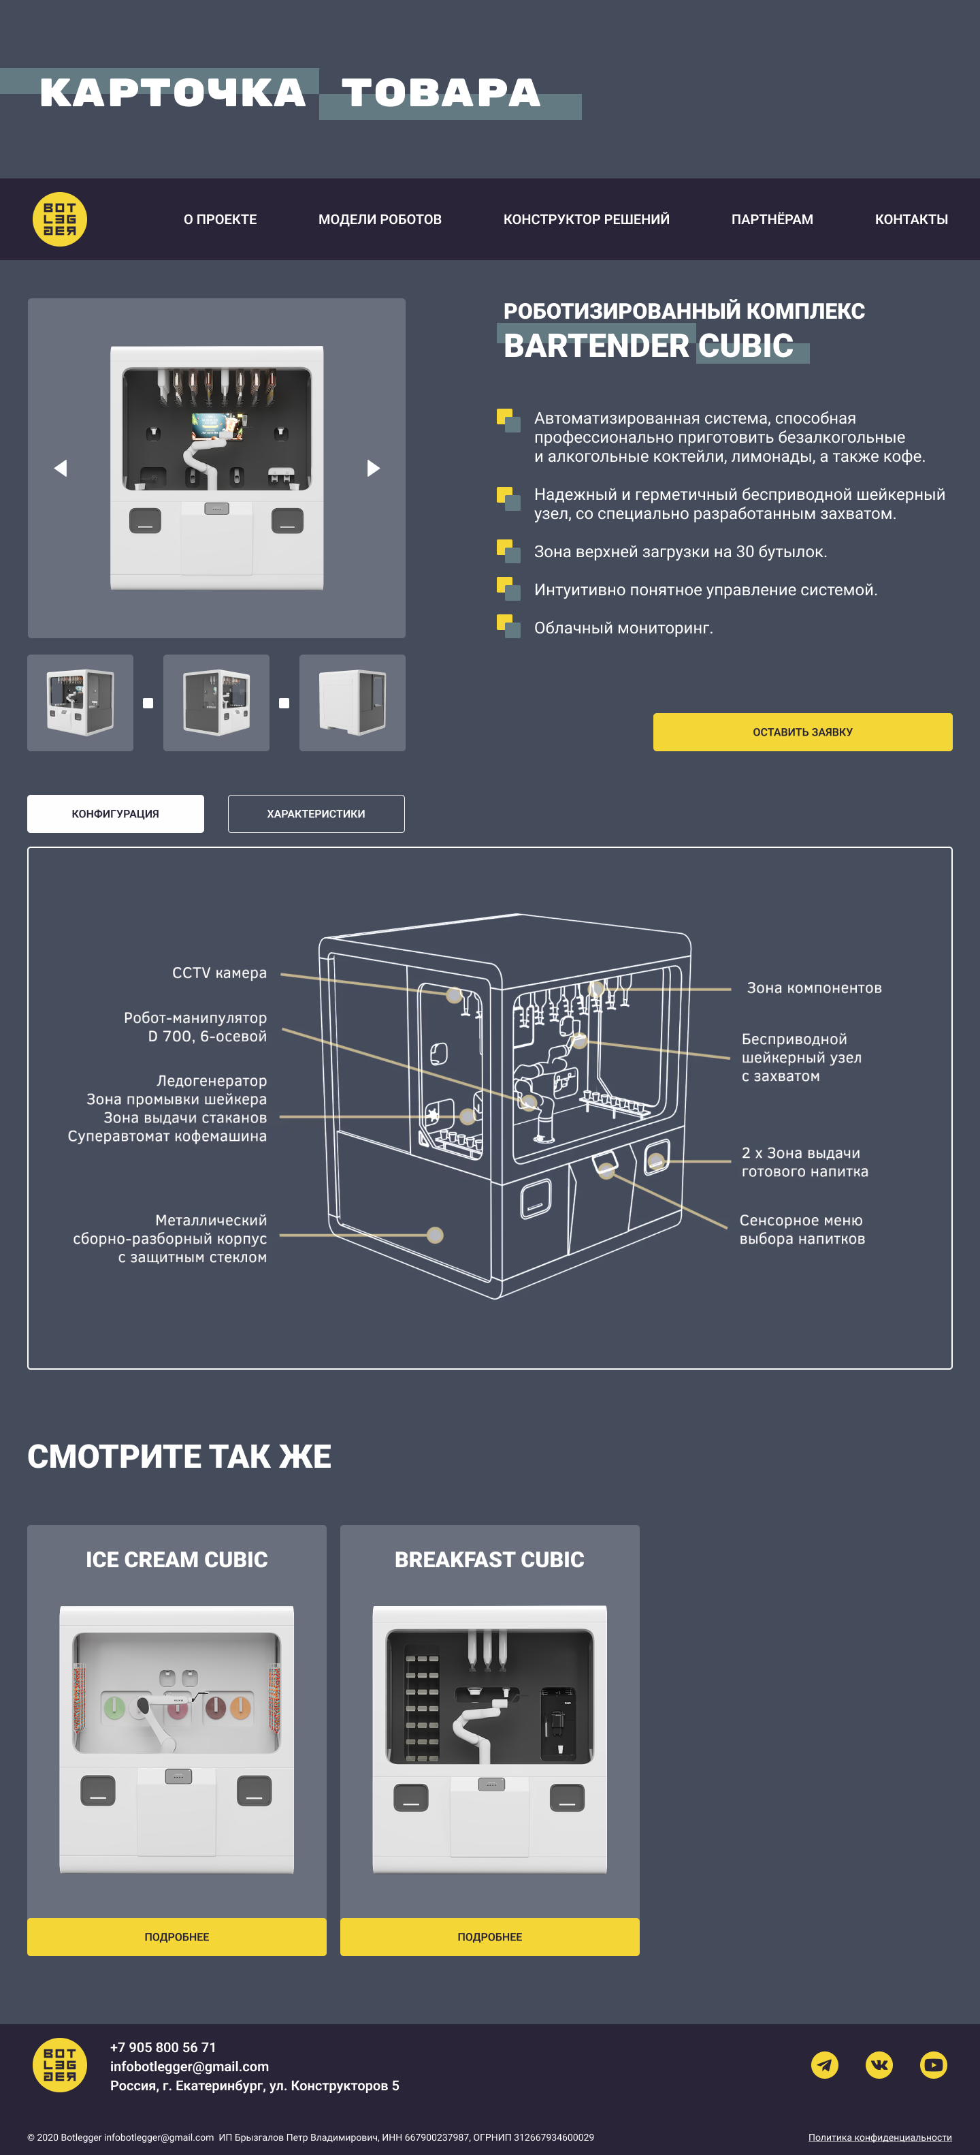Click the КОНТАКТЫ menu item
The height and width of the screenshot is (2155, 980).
click(x=911, y=219)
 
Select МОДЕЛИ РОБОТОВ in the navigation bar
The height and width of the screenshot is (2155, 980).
click(x=380, y=219)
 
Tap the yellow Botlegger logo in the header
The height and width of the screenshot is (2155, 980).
click(x=59, y=219)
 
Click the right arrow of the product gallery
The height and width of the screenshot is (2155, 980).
click(x=373, y=469)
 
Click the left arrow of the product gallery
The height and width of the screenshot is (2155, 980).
click(x=60, y=469)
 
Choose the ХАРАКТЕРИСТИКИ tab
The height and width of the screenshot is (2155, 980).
click(x=316, y=814)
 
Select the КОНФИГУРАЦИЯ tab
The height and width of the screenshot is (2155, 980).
click(x=116, y=814)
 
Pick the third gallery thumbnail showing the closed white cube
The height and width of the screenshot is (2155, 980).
click(x=352, y=703)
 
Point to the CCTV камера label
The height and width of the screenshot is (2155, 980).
click(x=219, y=973)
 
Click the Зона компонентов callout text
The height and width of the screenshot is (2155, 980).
click(x=813, y=988)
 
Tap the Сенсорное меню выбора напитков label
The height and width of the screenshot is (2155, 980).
click(x=802, y=1230)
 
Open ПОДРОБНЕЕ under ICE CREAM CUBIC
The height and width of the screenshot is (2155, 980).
click(x=176, y=1936)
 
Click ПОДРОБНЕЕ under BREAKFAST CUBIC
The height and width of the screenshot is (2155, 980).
click(x=489, y=1936)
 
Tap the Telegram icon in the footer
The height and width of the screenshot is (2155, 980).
click(x=824, y=2064)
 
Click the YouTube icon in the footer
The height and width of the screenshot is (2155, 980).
click(x=933, y=2064)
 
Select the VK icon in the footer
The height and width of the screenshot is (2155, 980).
click(x=879, y=2064)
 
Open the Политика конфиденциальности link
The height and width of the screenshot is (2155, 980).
click(x=880, y=2137)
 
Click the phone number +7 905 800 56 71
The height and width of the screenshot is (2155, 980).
click(x=163, y=2047)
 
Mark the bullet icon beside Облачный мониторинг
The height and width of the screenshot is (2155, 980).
click(x=508, y=625)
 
